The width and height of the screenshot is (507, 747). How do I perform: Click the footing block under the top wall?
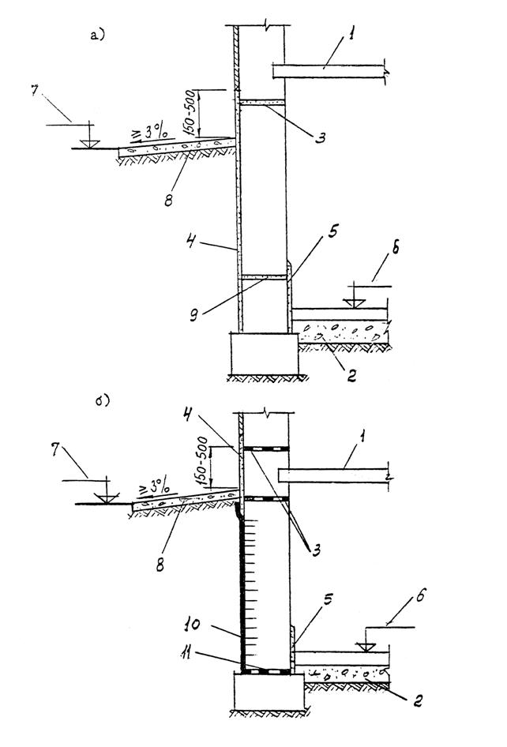coord(263,351)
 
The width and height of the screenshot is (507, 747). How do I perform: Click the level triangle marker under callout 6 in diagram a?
coord(355,301)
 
